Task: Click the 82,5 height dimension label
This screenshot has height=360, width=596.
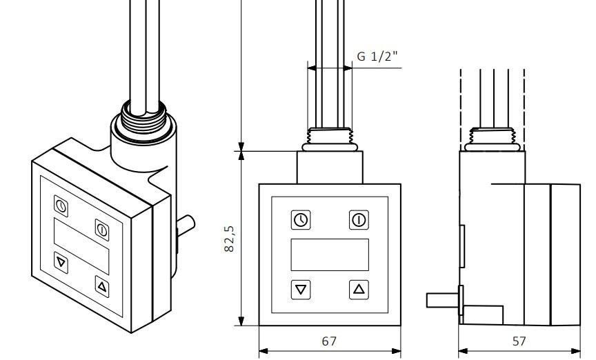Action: [x=229, y=239]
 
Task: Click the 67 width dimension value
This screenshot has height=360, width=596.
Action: [x=329, y=341]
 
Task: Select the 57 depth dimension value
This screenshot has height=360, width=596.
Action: [x=519, y=341]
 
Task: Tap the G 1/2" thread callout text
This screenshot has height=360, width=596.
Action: [x=377, y=57]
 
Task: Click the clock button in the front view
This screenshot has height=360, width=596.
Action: [x=301, y=220]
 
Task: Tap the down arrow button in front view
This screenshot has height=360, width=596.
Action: [x=301, y=290]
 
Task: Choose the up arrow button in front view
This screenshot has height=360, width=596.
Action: [x=359, y=290]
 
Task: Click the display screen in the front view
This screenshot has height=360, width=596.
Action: [x=330, y=254]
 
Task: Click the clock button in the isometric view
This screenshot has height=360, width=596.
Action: [x=61, y=206]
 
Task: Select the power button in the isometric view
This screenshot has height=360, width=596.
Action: [x=102, y=230]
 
